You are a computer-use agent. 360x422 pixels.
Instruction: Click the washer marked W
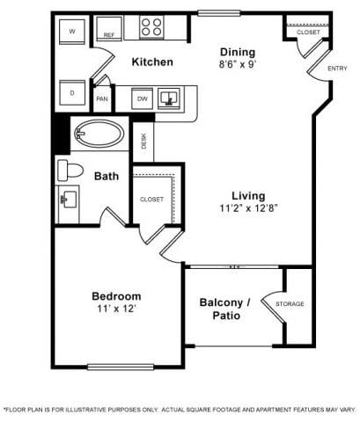72,32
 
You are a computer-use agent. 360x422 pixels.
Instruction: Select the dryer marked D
72,92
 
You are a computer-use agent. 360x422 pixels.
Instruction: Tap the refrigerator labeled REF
109,29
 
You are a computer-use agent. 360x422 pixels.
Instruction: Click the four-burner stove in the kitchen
151,27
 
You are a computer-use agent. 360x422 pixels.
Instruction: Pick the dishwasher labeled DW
143,98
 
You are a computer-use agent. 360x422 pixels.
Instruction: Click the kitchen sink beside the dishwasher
169,98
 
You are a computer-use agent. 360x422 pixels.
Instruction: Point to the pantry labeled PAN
102,98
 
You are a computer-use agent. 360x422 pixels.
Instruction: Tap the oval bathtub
99,134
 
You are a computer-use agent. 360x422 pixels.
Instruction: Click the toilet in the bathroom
70,171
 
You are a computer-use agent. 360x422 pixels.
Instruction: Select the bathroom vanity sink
69,200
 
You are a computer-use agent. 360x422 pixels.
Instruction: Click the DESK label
143,142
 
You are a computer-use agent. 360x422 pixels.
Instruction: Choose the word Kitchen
152,62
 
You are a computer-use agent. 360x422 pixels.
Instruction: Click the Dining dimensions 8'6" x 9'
238,64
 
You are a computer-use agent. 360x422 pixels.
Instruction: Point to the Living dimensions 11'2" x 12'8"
248,208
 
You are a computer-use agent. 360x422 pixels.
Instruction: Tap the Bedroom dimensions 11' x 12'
116,309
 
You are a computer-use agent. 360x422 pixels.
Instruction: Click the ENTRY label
337,69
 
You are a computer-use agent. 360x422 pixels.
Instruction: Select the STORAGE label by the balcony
290,304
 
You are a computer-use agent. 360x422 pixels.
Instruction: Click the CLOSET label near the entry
308,32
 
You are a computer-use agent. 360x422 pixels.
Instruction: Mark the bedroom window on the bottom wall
121,367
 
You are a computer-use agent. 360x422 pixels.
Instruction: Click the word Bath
107,176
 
